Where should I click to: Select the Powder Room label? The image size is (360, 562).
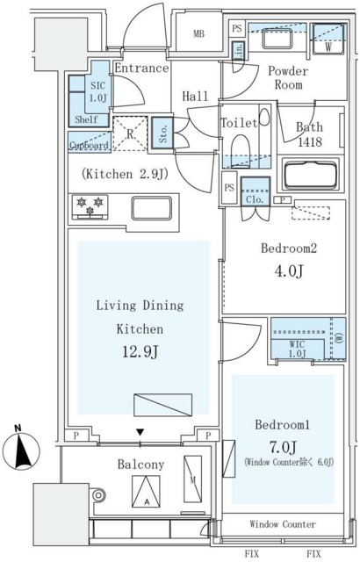pyautogui.click(x=286, y=78)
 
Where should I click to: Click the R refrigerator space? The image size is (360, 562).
pyautogui.click(x=130, y=133)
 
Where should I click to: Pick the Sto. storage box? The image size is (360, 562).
pyautogui.click(x=162, y=133)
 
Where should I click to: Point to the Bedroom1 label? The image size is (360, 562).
pyautogui.click(x=282, y=424)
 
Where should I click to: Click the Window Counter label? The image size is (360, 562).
pyautogui.click(x=283, y=524)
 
